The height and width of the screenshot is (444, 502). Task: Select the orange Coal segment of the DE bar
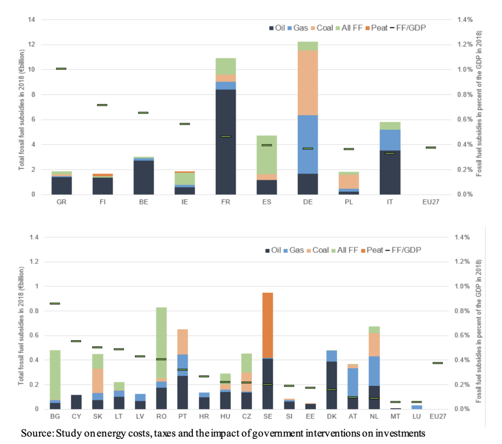[x=308, y=82]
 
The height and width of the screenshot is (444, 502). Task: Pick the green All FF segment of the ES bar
[x=266, y=154]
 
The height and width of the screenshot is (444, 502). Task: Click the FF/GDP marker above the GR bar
[x=61, y=69]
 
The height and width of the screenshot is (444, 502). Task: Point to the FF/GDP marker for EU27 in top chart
[x=431, y=148]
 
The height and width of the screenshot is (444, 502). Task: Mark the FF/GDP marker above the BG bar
[x=55, y=303]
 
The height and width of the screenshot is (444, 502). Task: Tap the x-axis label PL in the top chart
[x=348, y=202]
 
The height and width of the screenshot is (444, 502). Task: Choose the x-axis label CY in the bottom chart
[x=76, y=416]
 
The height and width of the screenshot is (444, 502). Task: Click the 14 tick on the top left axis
[x=32, y=20]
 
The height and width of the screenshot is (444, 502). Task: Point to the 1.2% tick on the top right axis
[x=464, y=44]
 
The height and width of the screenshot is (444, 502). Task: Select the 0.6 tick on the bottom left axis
[x=34, y=336]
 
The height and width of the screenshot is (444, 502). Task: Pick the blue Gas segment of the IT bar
[x=390, y=140]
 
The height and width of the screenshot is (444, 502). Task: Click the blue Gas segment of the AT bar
[x=353, y=382]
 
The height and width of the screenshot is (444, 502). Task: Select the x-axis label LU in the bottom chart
[x=416, y=416]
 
